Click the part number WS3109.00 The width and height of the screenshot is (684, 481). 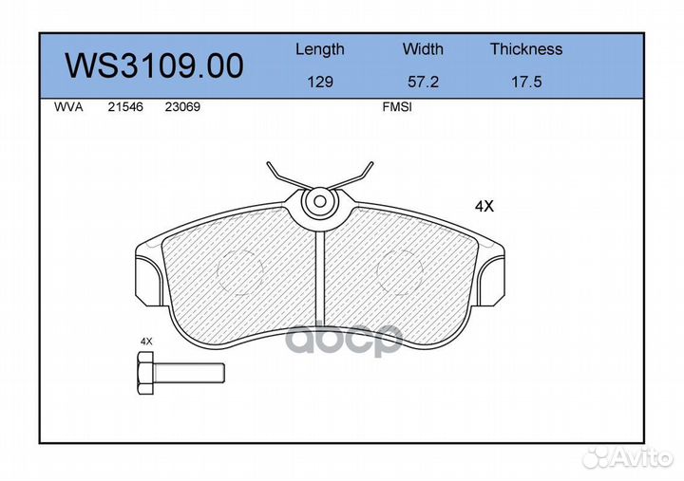click(x=154, y=65)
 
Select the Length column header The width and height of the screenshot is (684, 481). click(x=320, y=49)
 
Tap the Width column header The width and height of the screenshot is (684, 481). click(x=423, y=48)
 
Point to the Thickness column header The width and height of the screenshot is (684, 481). click(x=526, y=48)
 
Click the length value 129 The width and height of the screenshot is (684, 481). click(x=320, y=82)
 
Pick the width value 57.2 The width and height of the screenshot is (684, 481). click(x=423, y=82)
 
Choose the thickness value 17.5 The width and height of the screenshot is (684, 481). click(x=526, y=82)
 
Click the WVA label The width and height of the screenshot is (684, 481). click(x=68, y=107)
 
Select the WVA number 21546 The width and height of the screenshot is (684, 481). click(x=125, y=107)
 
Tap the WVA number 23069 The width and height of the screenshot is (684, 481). click(x=182, y=107)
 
